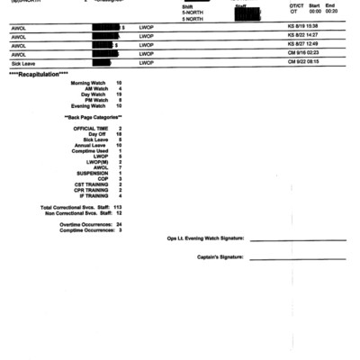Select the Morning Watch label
88,82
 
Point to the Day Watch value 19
119,94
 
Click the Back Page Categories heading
94,117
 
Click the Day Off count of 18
119,134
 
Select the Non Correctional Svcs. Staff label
75,212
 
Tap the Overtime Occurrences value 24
119,224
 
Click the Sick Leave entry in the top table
22,64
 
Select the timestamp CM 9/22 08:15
302,64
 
